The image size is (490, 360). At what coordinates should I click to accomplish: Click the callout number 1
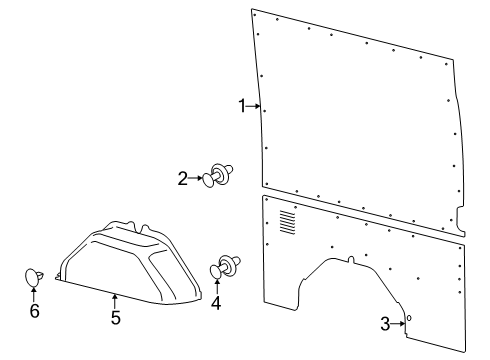241,105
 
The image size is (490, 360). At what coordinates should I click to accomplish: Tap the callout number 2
182,179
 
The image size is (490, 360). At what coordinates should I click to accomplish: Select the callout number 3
385,322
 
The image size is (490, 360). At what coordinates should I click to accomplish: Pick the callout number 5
115,318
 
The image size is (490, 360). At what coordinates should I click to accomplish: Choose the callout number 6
34,311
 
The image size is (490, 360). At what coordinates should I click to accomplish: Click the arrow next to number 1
255,105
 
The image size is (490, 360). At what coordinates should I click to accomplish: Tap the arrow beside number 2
197,179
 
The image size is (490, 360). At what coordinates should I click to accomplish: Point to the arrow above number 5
115,299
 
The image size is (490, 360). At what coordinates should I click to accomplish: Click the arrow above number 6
34,293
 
